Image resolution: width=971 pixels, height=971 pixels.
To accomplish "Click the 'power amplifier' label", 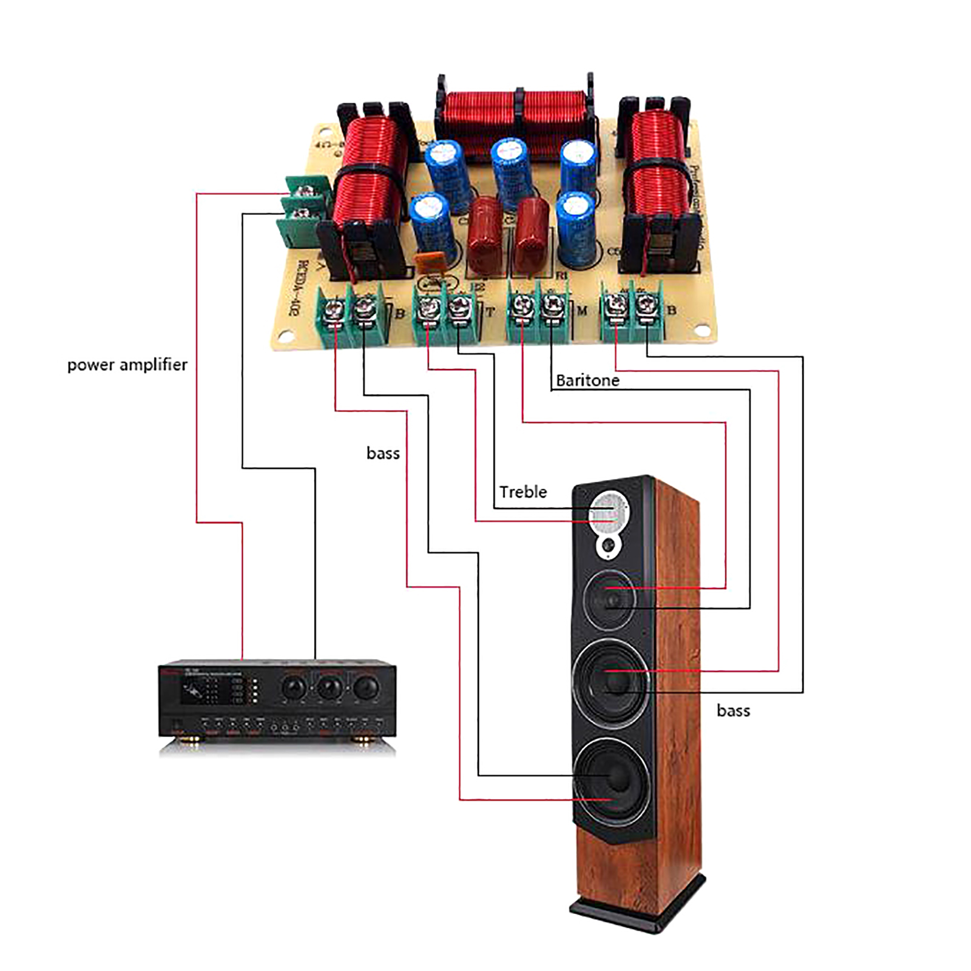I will pyautogui.click(x=127, y=365).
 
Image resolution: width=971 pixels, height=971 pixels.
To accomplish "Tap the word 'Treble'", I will pyautogui.click(x=523, y=492).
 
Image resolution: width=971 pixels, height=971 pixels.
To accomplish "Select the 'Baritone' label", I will pyautogui.click(x=587, y=381).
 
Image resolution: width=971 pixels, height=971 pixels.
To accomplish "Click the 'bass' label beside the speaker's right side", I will pyautogui.click(x=733, y=711).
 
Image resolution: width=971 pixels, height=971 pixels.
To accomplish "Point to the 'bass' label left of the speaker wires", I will pyautogui.click(x=383, y=453).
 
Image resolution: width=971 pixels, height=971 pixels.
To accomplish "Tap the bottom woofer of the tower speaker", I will pyautogui.click(x=612, y=780).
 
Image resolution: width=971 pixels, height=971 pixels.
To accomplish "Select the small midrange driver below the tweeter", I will pyautogui.click(x=610, y=598).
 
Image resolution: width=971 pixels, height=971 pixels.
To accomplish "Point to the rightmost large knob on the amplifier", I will pyautogui.click(x=365, y=688).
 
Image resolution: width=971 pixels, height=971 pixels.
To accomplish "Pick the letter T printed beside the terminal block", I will pyautogui.click(x=490, y=313).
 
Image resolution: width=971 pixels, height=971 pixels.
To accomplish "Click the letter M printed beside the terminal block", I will pyautogui.click(x=583, y=311).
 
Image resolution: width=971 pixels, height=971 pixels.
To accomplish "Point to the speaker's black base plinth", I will pyautogui.click(x=637, y=911).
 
